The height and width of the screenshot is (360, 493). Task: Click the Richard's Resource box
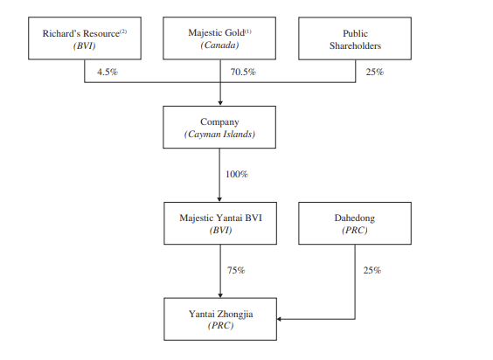85,38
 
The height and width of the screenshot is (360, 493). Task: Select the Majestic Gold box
219,38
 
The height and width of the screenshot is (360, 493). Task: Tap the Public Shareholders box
355,38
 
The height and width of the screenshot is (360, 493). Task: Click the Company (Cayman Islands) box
219,127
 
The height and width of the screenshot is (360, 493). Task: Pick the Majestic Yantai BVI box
220,223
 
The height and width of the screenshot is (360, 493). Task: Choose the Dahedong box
355,223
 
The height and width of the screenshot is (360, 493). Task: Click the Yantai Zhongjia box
220,319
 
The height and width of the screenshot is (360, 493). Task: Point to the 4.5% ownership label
108,72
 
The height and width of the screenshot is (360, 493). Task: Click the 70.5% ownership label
243,72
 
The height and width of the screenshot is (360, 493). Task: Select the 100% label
237,174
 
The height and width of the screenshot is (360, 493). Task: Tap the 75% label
236,270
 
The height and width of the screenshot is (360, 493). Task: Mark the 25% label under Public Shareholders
375,72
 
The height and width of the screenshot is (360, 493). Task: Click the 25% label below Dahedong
372,270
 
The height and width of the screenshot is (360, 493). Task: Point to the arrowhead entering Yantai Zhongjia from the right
279,319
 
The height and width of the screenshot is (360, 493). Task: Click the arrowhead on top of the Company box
220,103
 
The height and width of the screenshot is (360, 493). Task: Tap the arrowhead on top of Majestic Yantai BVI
219,199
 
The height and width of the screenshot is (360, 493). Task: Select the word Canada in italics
219,45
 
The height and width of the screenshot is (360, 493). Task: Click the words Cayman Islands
219,135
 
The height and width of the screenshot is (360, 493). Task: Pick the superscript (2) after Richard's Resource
123,31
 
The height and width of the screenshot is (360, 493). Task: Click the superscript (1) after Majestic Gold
248,31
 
